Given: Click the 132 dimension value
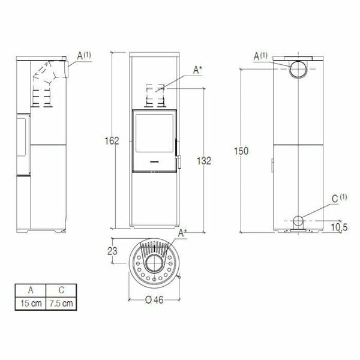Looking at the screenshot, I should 205,160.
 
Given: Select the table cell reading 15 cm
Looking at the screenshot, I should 31,303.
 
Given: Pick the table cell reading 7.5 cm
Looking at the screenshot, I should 62,303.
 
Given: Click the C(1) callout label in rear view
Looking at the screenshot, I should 339,197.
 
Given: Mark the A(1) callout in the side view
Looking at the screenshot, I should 83,55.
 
